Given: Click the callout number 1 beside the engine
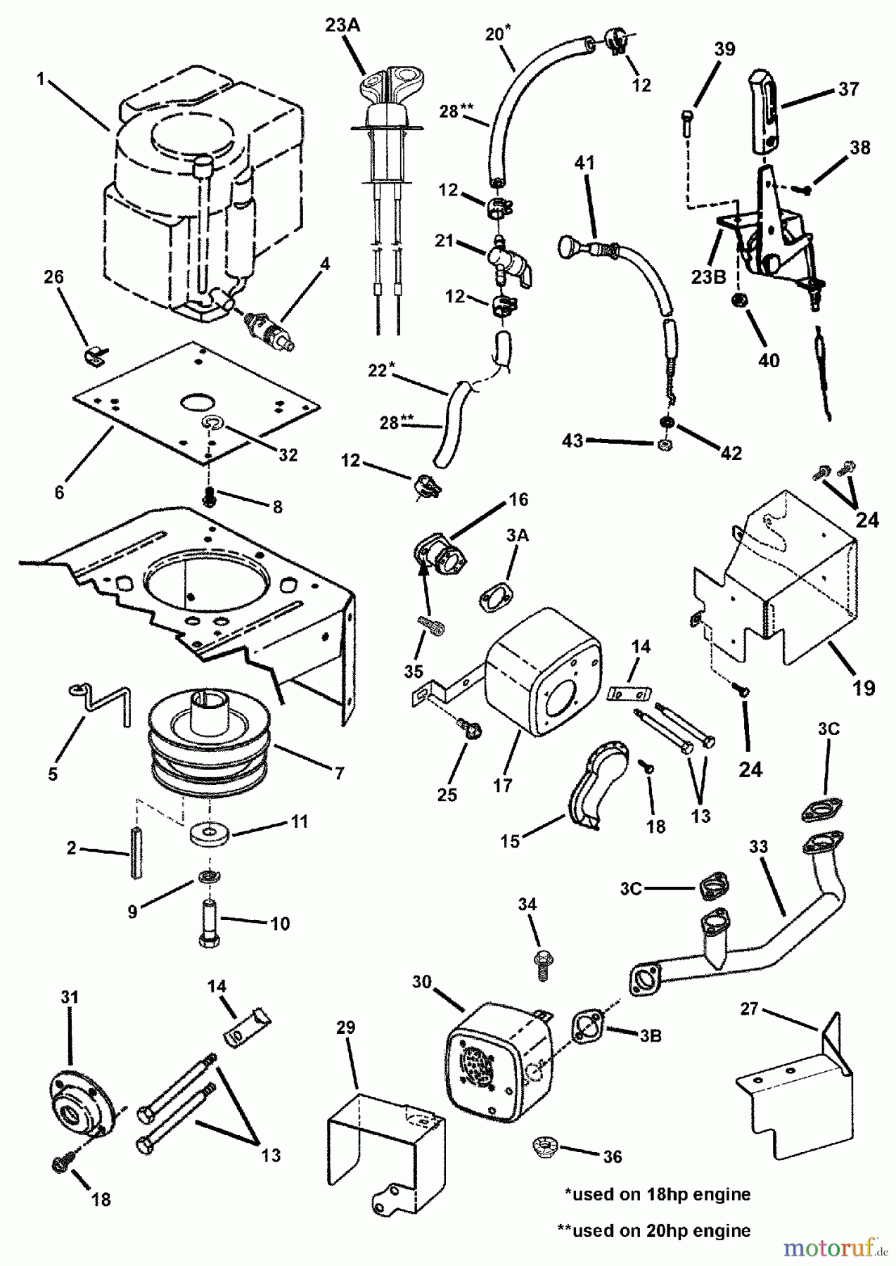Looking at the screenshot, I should click(x=41, y=79).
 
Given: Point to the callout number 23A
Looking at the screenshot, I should click(x=343, y=25).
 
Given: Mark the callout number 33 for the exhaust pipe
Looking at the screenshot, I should click(x=758, y=848).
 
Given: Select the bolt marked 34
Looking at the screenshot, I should click(x=543, y=962).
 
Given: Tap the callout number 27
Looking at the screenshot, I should click(x=750, y=1009).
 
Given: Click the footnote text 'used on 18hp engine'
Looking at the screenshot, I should click(x=658, y=1194).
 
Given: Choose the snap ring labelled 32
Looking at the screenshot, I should click(x=211, y=423).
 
